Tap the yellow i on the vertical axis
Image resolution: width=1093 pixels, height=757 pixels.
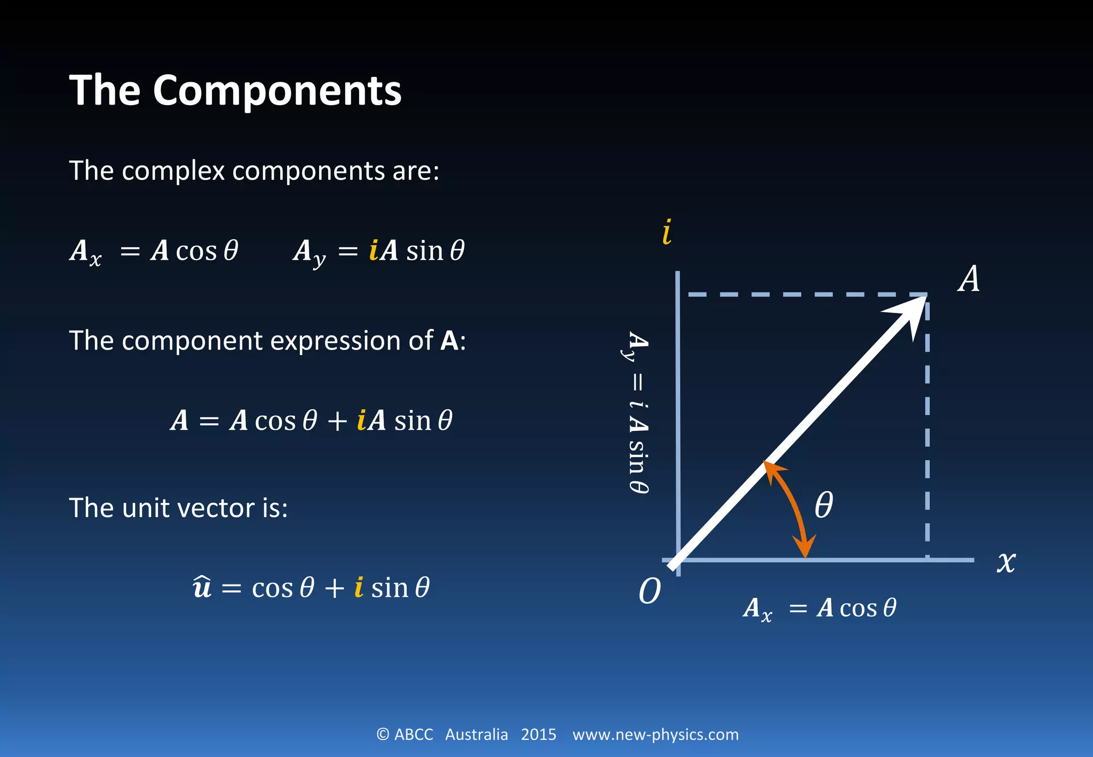coord(667,232)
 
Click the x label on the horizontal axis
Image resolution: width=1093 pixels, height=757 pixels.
coord(1006,562)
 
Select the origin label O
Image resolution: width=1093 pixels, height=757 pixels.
coord(650,591)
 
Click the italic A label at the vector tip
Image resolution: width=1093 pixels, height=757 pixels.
coord(969,279)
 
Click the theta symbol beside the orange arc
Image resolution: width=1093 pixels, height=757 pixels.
coord(823,505)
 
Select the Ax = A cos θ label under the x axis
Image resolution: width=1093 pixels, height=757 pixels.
coord(820,609)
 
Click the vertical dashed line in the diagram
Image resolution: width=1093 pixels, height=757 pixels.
coord(927,427)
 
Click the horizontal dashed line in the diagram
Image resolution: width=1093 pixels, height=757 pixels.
coord(801,294)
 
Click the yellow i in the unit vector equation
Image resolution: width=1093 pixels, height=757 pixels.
coord(359,587)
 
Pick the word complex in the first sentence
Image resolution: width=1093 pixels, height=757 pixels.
coord(173,171)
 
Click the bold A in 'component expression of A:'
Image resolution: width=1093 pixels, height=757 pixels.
coord(449,341)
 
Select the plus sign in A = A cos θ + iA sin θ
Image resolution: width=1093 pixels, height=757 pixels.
coord(337,421)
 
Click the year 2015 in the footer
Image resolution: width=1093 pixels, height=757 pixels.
coord(538,735)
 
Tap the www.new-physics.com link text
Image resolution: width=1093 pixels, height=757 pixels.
coord(655,735)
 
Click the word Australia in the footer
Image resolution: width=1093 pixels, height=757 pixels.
coord(476,735)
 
